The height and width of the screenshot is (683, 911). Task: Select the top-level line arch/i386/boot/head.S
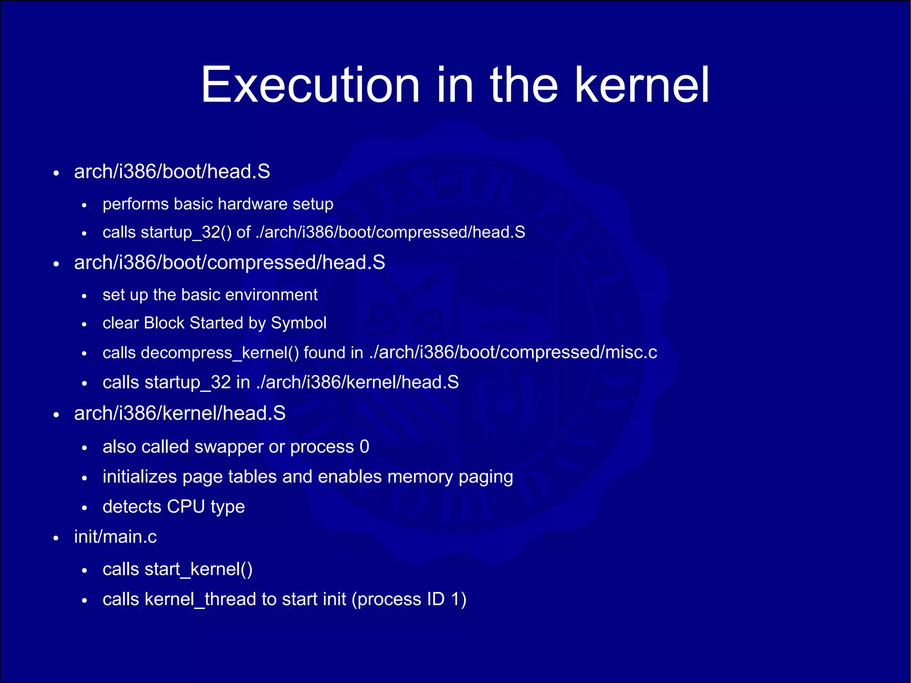172,172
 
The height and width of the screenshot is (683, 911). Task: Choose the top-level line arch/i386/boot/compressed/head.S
229,263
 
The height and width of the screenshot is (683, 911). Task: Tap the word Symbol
298,323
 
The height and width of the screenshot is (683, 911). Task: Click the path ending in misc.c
513,352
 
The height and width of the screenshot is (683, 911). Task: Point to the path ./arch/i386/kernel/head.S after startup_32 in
357,383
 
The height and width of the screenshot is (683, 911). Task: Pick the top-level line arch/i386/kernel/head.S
179,413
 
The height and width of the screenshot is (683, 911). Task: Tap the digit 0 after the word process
364,447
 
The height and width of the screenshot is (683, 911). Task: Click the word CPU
186,507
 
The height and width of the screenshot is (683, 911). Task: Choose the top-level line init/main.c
115,537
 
